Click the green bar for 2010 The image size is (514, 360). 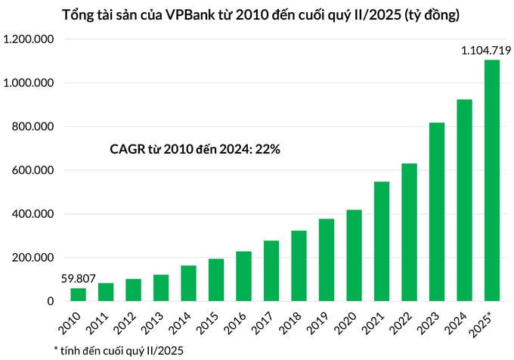[x=78, y=294]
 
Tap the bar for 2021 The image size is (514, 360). [x=382, y=241]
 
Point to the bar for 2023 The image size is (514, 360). [x=437, y=212]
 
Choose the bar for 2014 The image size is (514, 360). [x=189, y=283]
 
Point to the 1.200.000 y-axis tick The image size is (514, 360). [x=29, y=39]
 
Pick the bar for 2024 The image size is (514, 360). [x=464, y=200]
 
